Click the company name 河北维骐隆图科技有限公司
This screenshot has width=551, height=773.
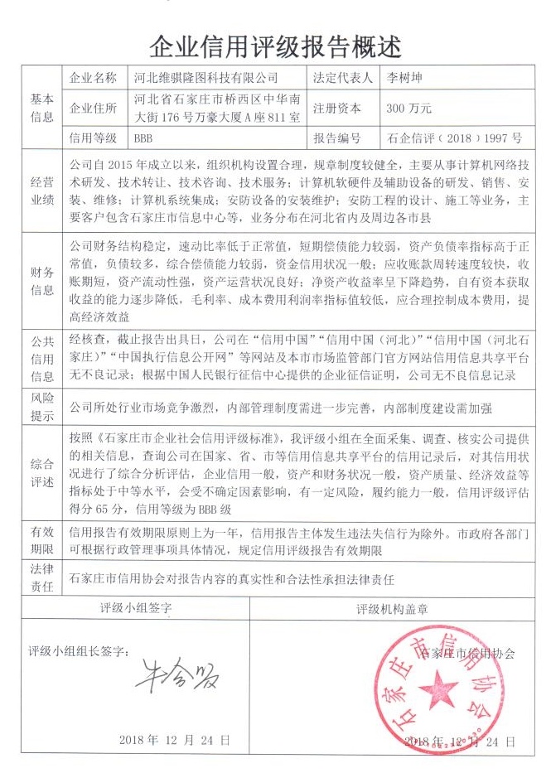[205, 79]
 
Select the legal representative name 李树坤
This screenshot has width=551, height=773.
[404, 79]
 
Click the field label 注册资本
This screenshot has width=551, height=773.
[337, 108]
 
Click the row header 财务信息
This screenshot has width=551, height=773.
[42, 281]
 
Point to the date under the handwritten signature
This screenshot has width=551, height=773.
[175, 739]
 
